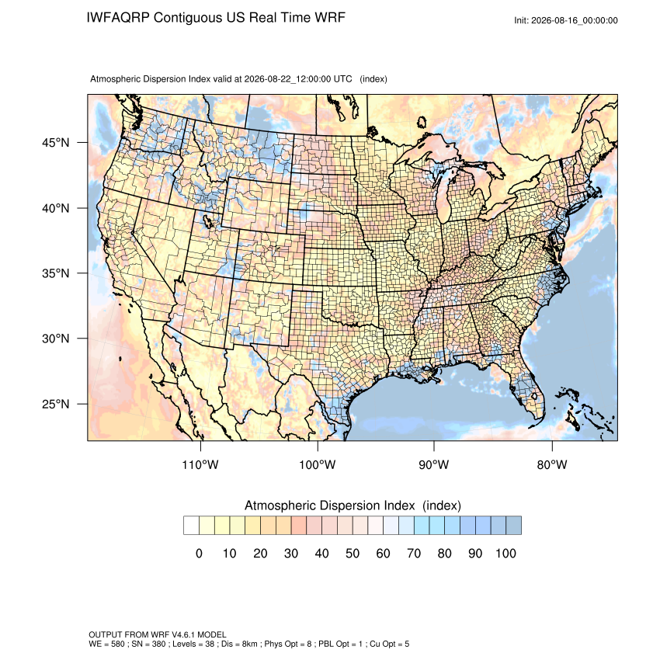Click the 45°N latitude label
coord(56,143)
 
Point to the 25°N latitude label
coord(56,404)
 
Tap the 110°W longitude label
coord(200,464)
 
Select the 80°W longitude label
coord(552,464)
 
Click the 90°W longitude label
coord(433,464)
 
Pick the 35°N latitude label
coord(56,273)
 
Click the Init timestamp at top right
coord(566,21)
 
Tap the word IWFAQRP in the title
coord(118,18)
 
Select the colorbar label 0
coord(199,553)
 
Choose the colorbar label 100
coord(505,553)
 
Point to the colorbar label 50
coord(353,553)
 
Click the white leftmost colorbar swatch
coord(191,526)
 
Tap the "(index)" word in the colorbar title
coord(442,505)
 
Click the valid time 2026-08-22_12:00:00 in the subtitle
coord(298,79)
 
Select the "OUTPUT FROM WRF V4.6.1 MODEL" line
coord(158,634)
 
